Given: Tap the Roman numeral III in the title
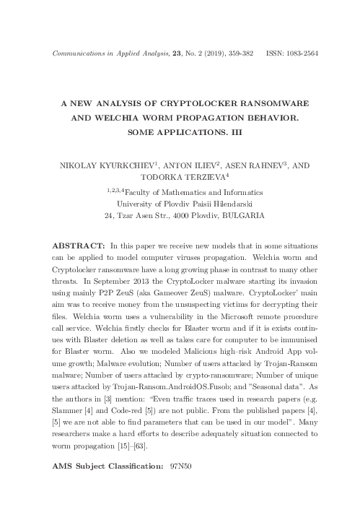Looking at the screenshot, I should pos(238,132).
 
